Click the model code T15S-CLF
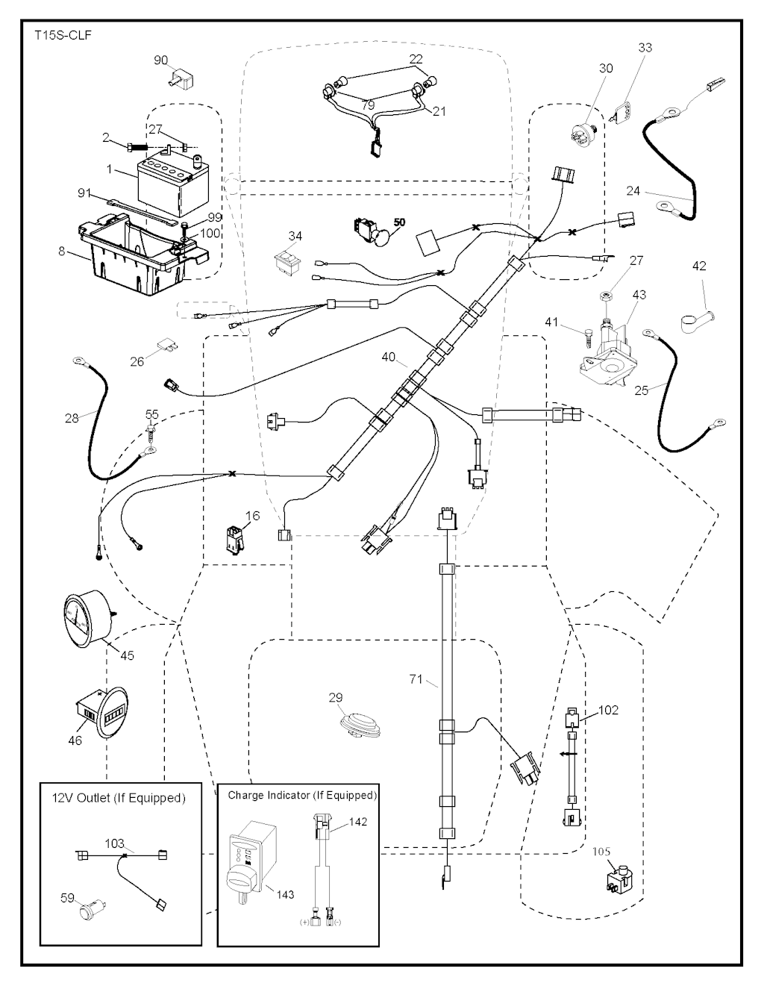coord(63,35)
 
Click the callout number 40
coord(389,358)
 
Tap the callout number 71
coord(416,679)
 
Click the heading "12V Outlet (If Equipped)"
coord(119,798)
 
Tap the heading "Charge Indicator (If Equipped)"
coord(302,795)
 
